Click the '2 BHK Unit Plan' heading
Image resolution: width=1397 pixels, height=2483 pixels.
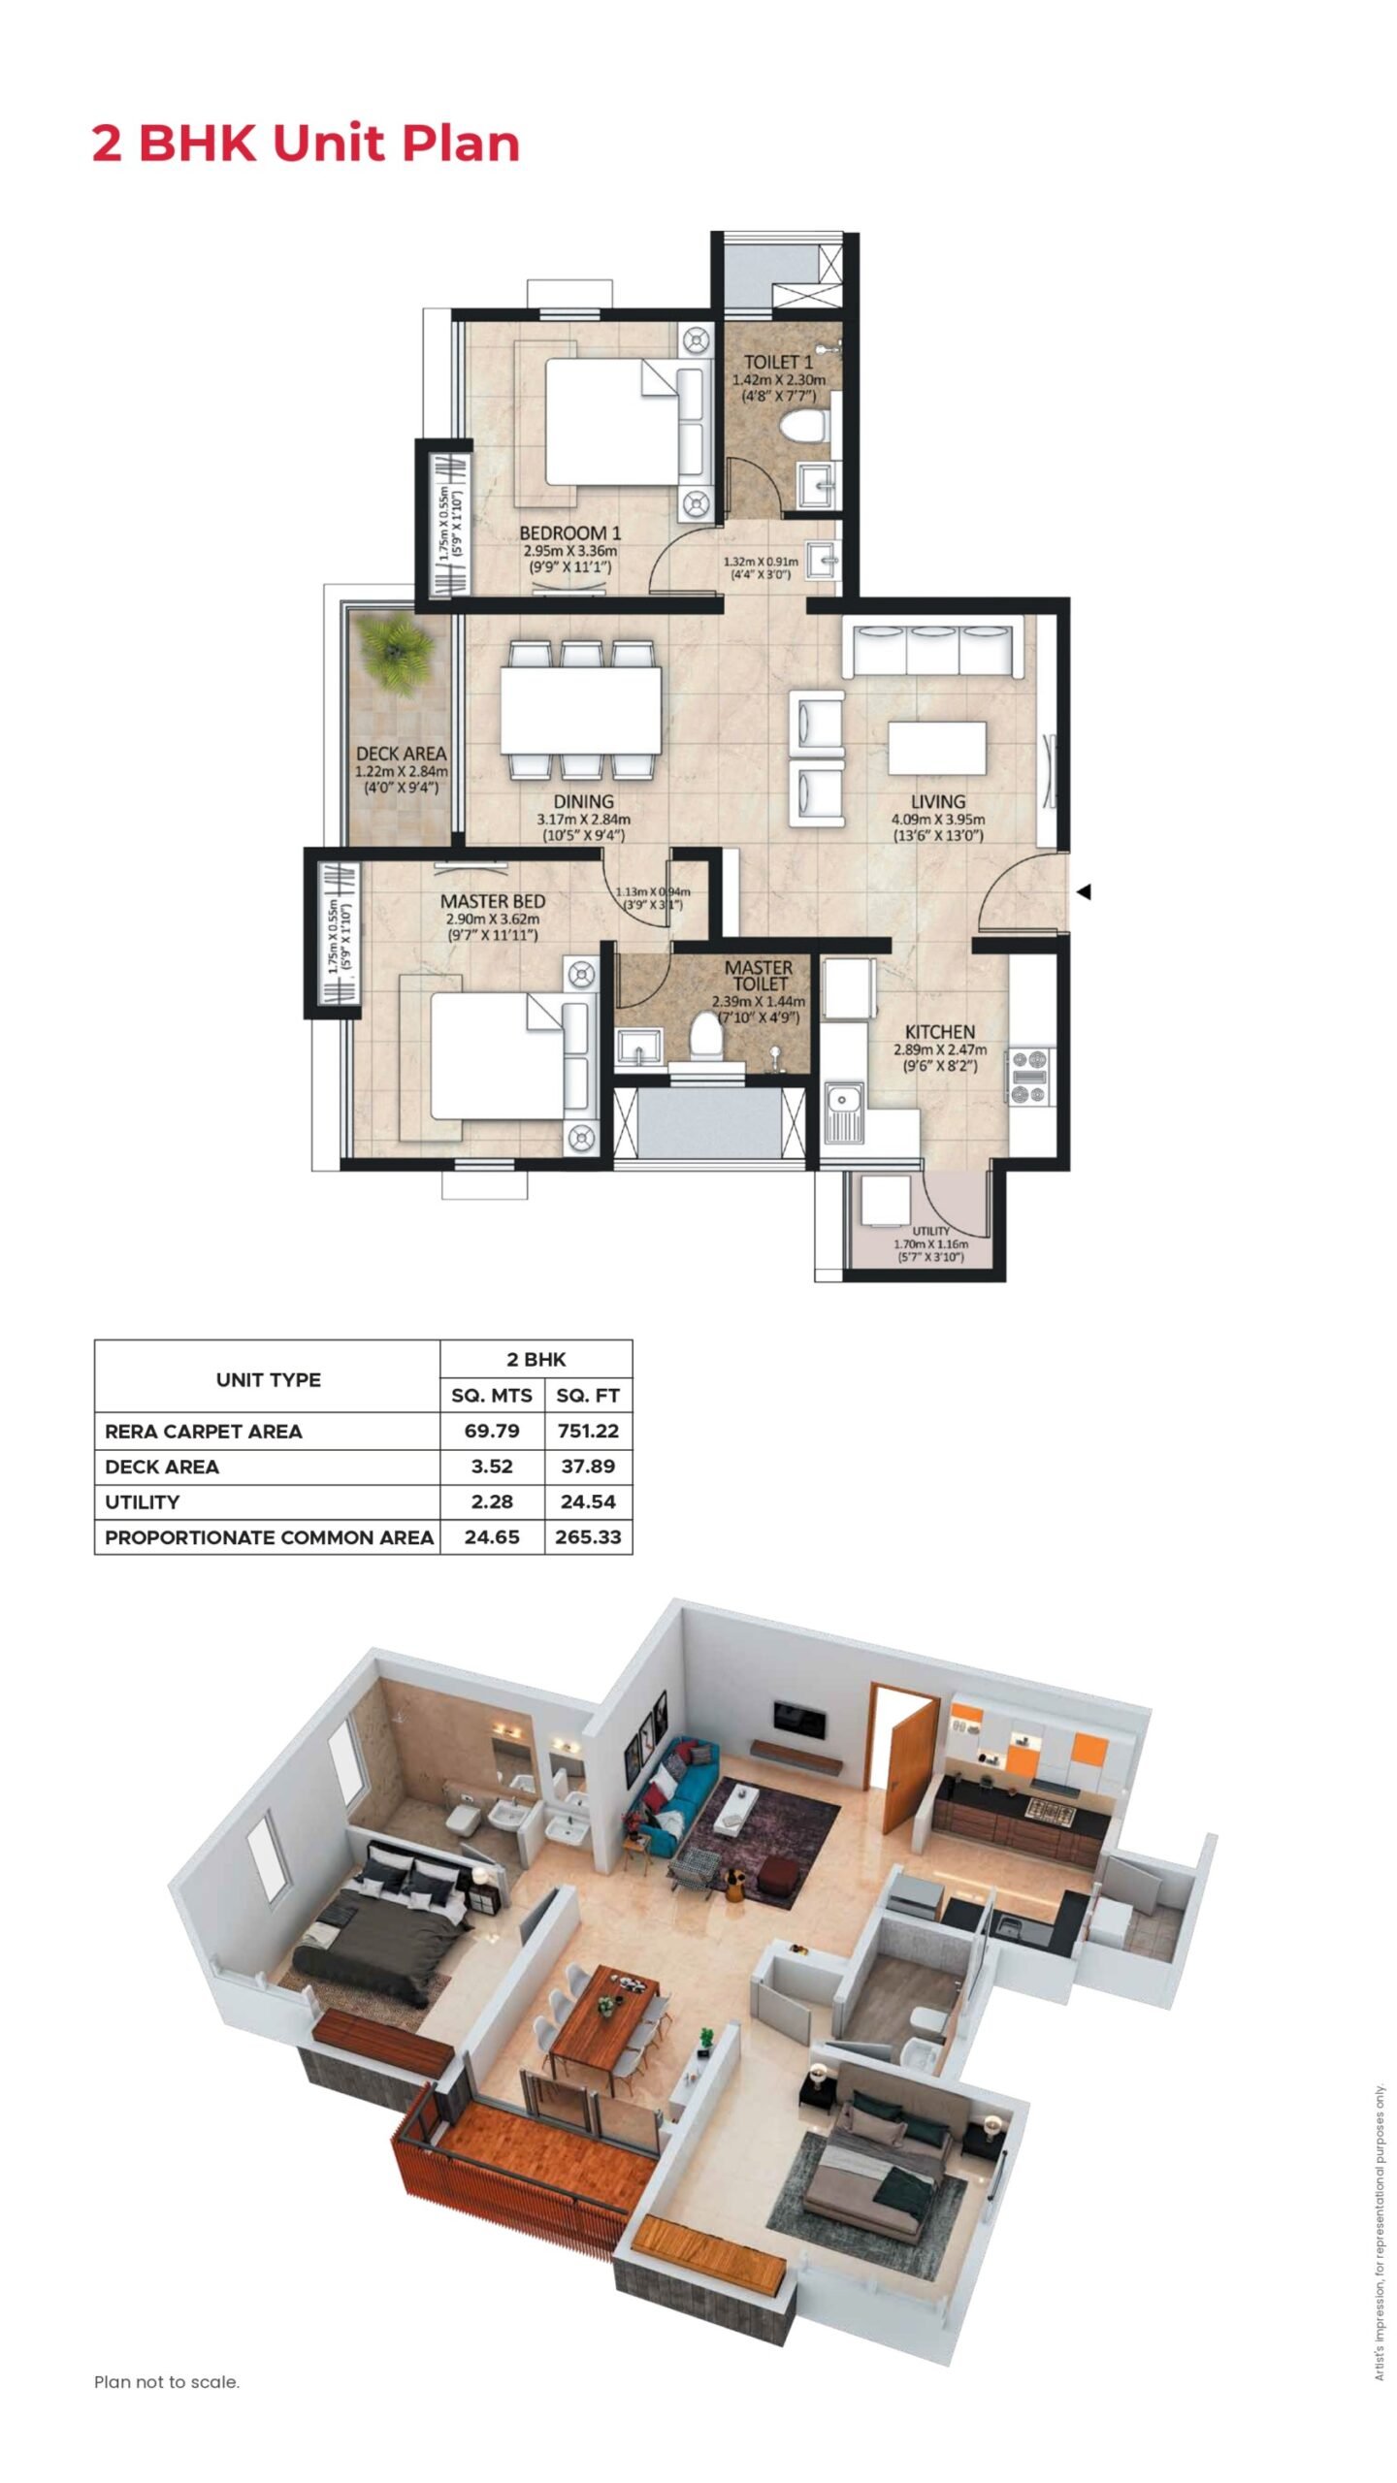tap(306, 144)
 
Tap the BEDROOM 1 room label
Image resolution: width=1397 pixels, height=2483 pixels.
tap(569, 532)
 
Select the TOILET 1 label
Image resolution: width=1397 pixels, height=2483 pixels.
tap(778, 362)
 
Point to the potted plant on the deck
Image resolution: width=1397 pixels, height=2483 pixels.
tap(395, 653)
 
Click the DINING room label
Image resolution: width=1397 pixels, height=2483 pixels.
tap(583, 801)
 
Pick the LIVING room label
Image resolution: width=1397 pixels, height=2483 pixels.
tap(937, 801)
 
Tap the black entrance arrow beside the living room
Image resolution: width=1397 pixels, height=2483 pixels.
tap(1085, 891)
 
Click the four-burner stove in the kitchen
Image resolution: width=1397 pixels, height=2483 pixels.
tap(1030, 1075)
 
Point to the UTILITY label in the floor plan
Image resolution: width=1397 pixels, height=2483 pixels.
tap(930, 1231)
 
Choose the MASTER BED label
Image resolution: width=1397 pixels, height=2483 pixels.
tap(493, 901)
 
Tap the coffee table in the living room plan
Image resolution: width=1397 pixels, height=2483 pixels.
tap(937, 748)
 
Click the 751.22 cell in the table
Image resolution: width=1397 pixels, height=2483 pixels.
tap(588, 1431)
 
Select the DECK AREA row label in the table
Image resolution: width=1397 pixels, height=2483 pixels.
tap(162, 1467)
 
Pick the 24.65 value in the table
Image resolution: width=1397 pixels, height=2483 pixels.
tap(492, 1537)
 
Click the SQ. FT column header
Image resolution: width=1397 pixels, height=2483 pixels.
tap(588, 1396)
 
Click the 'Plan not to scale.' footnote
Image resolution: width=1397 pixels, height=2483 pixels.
tap(167, 2382)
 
